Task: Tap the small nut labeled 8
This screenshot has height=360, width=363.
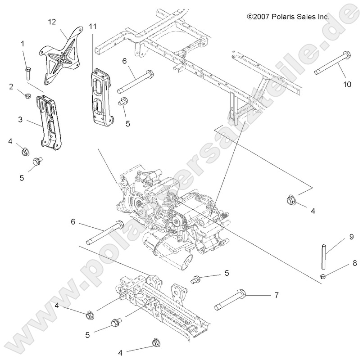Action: tap(323, 276)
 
